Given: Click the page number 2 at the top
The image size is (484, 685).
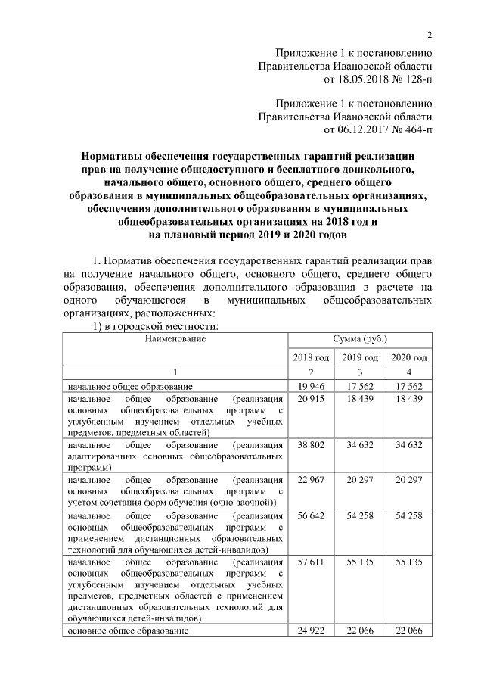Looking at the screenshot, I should (429, 35).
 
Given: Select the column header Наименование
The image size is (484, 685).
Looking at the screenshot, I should (175, 338).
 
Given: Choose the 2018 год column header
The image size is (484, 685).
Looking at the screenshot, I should (311, 357).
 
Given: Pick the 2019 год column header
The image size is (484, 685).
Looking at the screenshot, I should (359, 357).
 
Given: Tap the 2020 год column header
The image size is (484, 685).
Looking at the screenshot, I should (408, 357).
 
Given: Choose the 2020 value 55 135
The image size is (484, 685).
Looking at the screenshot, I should (408, 565).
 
